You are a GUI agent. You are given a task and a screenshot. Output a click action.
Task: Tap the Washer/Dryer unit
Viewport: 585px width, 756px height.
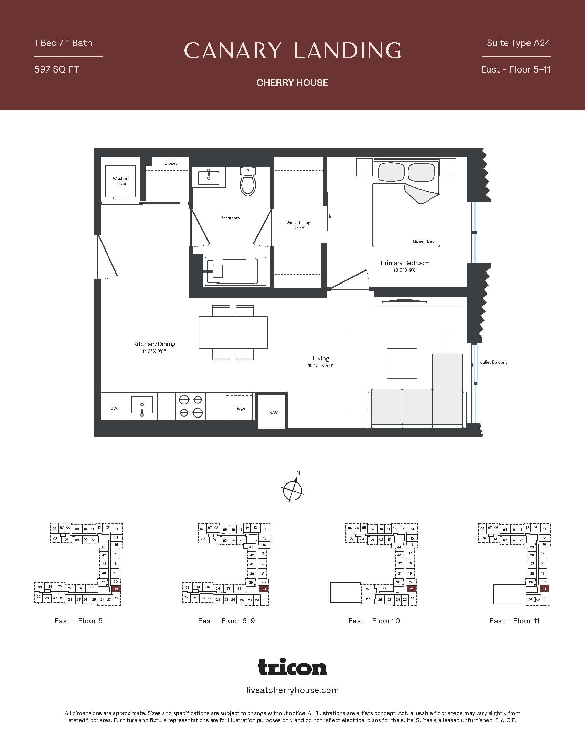pyautogui.click(x=120, y=181)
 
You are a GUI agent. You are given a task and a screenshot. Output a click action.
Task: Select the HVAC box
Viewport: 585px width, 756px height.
pyautogui.click(x=272, y=412)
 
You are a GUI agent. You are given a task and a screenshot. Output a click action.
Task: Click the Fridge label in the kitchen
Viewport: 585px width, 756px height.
pyautogui.click(x=239, y=408)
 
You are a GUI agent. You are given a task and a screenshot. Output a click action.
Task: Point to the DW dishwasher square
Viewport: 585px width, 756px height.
pyautogui.click(x=114, y=408)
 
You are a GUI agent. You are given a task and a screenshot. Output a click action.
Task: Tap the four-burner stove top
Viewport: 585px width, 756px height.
pyautogui.click(x=191, y=406)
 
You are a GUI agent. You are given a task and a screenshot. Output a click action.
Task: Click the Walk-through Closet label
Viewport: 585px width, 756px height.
pyautogui.click(x=299, y=225)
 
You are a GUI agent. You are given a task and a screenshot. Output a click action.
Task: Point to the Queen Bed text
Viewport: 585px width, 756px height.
pyautogui.click(x=424, y=241)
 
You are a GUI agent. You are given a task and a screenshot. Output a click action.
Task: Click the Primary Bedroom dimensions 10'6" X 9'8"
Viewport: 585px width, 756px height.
pyautogui.click(x=405, y=270)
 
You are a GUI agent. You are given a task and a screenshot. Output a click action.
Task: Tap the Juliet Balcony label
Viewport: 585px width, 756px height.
pyautogui.click(x=493, y=362)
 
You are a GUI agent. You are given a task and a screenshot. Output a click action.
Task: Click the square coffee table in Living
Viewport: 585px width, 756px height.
pyautogui.click(x=402, y=364)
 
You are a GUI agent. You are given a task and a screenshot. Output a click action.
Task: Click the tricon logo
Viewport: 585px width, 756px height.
pyautogui.click(x=292, y=667)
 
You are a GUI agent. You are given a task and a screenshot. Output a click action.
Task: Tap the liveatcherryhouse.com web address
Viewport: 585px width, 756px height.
pyautogui.click(x=292, y=690)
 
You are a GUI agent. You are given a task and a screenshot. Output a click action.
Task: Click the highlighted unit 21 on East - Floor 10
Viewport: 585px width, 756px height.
pyautogui.click(x=412, y=589)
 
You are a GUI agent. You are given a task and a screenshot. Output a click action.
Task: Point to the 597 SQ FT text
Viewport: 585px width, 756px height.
pyautogui.click(x=57, y=69)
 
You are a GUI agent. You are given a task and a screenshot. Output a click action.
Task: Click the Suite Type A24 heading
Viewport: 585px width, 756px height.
pyautogui.click(x=518, y=43)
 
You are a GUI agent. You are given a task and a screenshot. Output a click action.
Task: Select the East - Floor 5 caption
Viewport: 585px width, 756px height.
pyautogui.click(x=78, y=621)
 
